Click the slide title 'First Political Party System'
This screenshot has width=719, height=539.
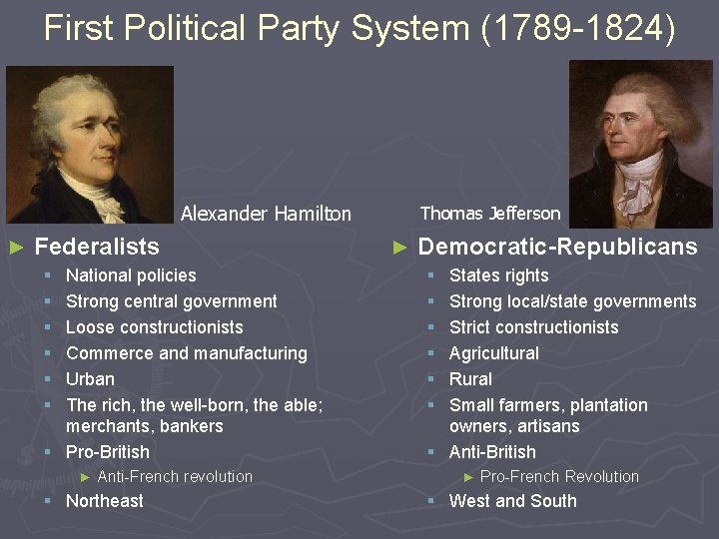pos(359,28)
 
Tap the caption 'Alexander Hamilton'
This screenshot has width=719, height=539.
pos(266,214)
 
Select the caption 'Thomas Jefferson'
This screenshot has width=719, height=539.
pos(490,213)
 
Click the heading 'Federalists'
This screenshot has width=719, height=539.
pos(97,246)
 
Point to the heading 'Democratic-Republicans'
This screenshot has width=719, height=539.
pos(557,247)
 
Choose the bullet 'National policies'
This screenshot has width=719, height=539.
pos(131,275)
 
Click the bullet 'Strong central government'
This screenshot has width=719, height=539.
pos(171,301)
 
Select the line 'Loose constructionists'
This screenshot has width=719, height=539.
pos(154,327)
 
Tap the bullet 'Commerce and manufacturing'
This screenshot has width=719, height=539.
pos(186,353)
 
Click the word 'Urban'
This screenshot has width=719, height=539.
pos(90,379)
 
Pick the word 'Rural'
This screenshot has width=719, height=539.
pos(470,379)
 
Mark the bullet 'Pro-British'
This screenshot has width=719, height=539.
pos(107,452)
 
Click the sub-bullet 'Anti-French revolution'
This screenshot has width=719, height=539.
pos(175,477)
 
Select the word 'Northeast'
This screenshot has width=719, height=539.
pos(104,501)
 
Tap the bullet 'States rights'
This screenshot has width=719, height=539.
pos(498,275)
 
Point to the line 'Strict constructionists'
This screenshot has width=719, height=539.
pos(533,327)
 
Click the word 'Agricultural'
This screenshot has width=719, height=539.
pos(493,353)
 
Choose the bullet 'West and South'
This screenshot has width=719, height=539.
pos(512,501)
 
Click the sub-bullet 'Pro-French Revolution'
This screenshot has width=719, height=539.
pos(559,477)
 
